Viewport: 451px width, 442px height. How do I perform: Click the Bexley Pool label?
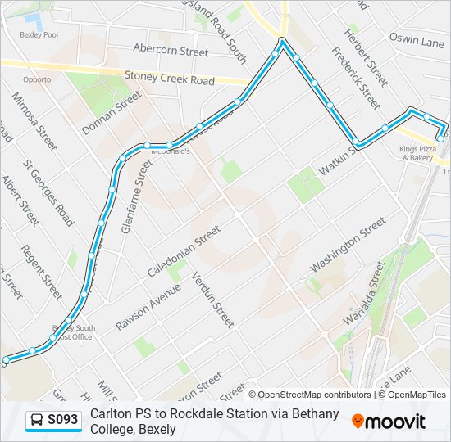coord(39,35)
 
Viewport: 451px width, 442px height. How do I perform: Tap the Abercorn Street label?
coord(171,51)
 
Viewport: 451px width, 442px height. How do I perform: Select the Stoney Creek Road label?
coord(170,78)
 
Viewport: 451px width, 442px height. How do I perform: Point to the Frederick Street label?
coord(356,78)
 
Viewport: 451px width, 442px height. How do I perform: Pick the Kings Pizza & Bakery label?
coord(417,153)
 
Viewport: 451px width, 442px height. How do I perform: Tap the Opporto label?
coord(38,79)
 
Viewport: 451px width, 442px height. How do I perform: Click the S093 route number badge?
coord(62,421)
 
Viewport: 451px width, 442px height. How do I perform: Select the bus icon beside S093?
coord(37,421)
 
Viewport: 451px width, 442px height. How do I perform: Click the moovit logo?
coord(389,422)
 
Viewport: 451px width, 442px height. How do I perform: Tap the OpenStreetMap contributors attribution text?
coord(315,395)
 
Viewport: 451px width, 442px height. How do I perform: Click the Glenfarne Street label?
coord(137,196)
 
